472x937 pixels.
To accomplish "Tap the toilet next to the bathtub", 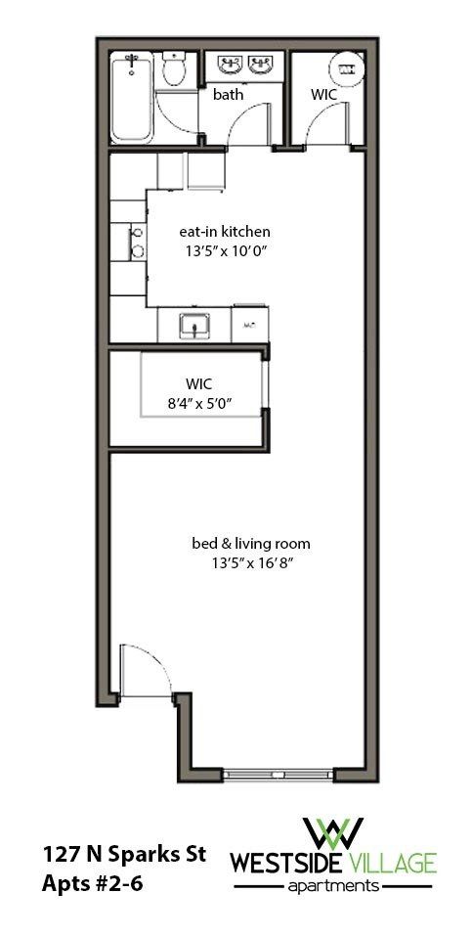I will tap(174, 70).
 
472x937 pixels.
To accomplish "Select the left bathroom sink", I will tap(231, 67).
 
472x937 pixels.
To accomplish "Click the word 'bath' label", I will tap(228, 95).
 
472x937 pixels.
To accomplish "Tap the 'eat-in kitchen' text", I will tap(224, 232).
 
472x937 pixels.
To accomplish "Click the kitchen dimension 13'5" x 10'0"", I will tap(226, 250).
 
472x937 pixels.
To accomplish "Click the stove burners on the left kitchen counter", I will tap(137, 243).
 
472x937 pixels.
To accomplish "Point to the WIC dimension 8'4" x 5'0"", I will tap(199, 399).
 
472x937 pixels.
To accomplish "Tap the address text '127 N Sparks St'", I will tap(123, 854).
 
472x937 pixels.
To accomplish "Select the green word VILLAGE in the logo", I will tap(387, 864).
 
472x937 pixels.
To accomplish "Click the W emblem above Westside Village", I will tap(333, 832).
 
